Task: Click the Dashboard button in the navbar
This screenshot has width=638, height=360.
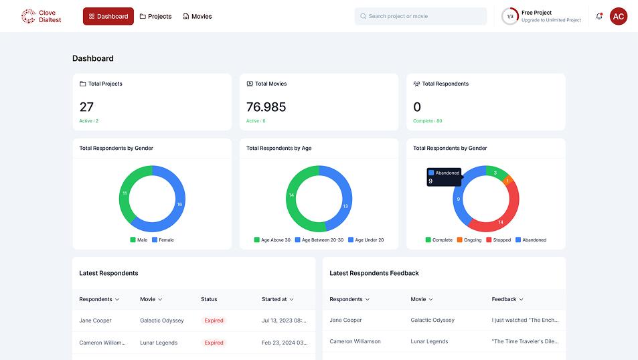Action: coord(108,16)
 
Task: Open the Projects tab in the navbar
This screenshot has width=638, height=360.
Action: coord(155,16)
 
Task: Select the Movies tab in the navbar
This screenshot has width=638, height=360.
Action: coord(197,16)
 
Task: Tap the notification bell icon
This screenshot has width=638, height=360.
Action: coord(599,16)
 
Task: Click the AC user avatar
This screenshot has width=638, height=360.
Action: coord(619,16)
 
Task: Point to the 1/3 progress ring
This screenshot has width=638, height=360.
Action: coord(510,16)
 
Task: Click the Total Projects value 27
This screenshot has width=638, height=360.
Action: coord(86,107)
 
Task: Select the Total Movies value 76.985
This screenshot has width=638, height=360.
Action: coord(266,107)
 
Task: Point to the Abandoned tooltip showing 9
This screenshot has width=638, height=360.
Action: coord(444,177)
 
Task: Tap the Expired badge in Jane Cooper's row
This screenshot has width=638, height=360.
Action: coord(214,321)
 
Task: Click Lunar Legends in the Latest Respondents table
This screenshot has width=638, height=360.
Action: coord(159,343)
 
